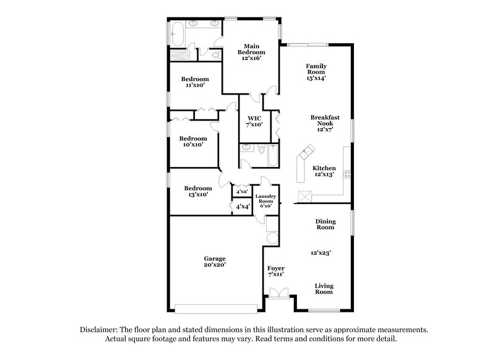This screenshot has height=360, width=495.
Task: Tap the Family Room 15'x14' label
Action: (x=316, y=72)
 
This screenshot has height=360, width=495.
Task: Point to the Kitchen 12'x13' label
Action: (x=324, y=171)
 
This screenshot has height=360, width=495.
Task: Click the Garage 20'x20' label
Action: (x=215, y=261)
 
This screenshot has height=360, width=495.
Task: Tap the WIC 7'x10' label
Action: (x=254, y=121)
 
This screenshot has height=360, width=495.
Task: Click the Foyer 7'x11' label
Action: (x=275, y=272)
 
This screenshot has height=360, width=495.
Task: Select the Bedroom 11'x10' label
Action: (x=194, y=82)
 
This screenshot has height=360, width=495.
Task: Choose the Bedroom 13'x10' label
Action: (x=198, y=191)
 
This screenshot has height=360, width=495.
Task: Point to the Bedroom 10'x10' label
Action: (x=193, y=142)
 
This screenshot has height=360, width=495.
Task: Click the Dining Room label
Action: (x=325, y=224)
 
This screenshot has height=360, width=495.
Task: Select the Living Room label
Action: (x=324, y=289)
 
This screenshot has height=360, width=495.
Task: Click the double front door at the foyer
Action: (x=280, y=293)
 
